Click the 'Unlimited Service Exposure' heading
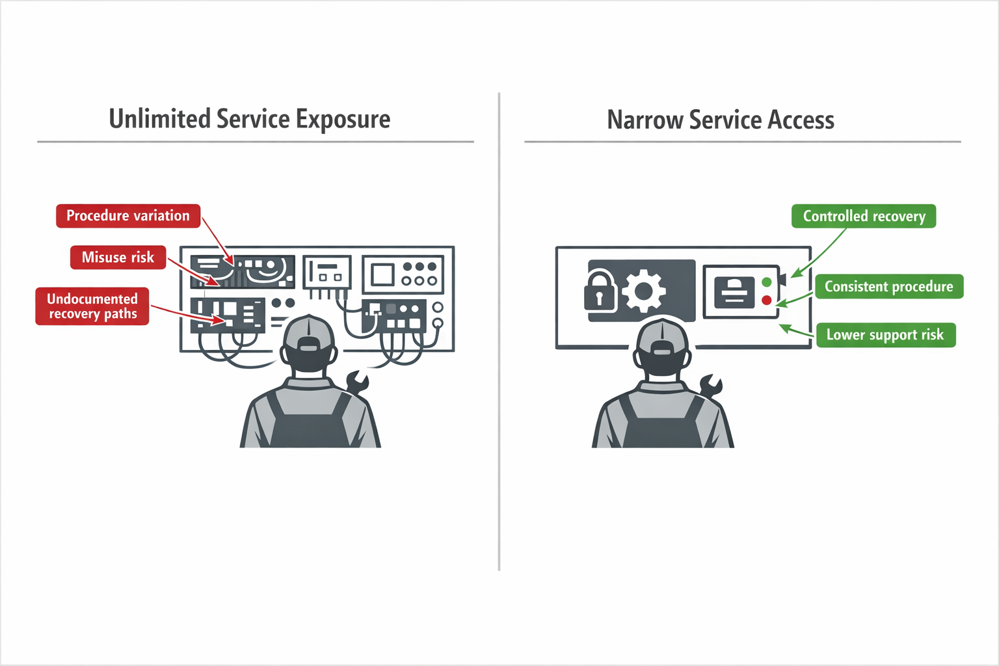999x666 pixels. click(x=250, y=120)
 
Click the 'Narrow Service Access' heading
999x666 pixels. click(x=720, y=120)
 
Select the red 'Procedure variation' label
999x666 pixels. click(x=128, y=216)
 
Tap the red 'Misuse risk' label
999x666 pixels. click(x=118, y=258)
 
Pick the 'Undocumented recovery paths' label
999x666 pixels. click(x=92, y=306)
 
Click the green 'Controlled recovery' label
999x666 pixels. click(x=863, y=217)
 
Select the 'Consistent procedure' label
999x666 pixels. click(x=888, y=287)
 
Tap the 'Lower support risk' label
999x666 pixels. click(x=885, y=335)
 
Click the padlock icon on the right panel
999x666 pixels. click(x=600, y=291)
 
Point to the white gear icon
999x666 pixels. click(x=644, y=291)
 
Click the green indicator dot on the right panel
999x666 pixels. click(x=767, y=282)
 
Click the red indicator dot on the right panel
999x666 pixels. click(x=767, y=300)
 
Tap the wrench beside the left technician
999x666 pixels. click(x=357, y=382)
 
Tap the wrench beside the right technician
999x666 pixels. click(x=710, y=386)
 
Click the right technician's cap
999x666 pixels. click(x=662, y=335)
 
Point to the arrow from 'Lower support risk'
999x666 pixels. click(x=796, y=330)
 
